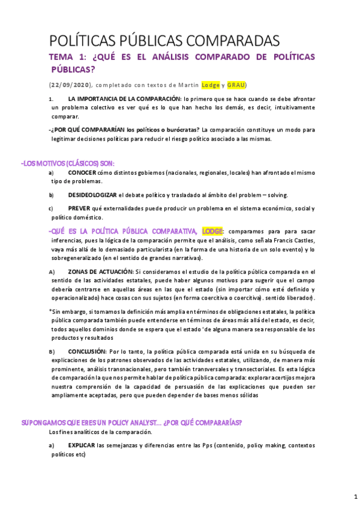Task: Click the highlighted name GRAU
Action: click(235, 85)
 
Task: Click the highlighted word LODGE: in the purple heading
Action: click(213, 230)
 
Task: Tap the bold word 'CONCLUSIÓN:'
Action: click(88, 351)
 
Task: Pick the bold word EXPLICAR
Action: click(82, 445)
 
